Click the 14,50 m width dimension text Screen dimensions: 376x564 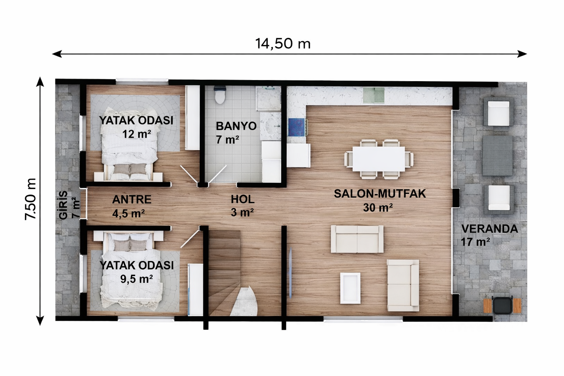coord(283,44)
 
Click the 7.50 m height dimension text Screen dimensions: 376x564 coord(30,199)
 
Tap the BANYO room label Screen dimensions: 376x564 coord(236,126)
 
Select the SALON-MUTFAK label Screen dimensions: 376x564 coord(380,194)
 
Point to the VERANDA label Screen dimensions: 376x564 coord(489,229)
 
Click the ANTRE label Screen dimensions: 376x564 coord(131,199)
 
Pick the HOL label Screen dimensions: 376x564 coord(242,199)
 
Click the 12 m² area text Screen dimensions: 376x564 coord(137,134)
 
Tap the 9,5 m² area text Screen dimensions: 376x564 coord(137,279)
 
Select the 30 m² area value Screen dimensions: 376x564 coord(378,208)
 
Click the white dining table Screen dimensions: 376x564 coord(379,159)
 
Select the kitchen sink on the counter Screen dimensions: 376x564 coord(374,95)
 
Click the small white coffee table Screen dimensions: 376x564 coord(350,288)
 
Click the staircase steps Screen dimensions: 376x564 coord(224,257)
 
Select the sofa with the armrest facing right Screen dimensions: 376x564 coord(403,285)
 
